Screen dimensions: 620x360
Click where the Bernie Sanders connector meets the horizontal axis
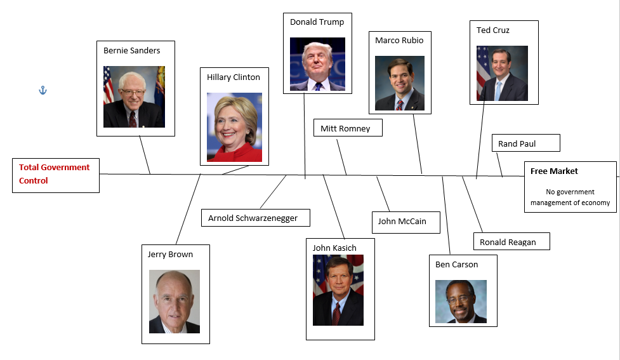(150, 174)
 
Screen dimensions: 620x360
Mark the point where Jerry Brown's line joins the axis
(201, 175)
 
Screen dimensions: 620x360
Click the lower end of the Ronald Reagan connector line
(482, 232)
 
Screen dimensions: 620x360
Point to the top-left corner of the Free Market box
(525, 162)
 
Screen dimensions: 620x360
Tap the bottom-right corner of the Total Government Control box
(99, 192)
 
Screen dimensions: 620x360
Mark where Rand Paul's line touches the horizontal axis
(502, 176)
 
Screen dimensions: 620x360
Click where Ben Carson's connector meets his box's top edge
(450, 255)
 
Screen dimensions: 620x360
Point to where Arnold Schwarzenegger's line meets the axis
(286, 175)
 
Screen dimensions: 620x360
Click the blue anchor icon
(43, 91)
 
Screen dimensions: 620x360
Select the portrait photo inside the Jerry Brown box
(175, 302)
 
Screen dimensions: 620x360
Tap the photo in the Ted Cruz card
(502, 73)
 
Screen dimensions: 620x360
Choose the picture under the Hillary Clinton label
(234, 127)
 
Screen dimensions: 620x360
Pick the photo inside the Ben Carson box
(461, 302)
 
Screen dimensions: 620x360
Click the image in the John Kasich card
(338, 290)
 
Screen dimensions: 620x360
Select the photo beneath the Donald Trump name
(317, 64)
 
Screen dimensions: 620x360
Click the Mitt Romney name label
(345, 128)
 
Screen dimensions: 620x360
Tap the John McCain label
(402, 221)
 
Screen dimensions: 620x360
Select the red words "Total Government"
(54, 168)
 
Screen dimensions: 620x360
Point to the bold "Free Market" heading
(554, 171)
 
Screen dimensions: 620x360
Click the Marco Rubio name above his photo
(399, 41)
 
